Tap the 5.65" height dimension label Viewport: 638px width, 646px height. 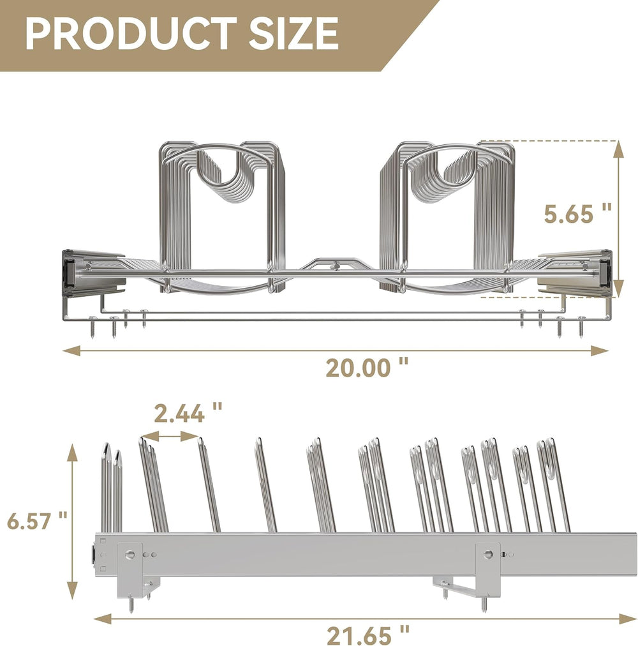click(x=577, y=213)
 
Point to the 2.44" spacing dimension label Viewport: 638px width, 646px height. click(x=188, y=413)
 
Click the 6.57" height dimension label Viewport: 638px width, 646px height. click(x=37, y=521)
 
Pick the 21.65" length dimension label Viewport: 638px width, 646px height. click(x=368, y=635)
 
